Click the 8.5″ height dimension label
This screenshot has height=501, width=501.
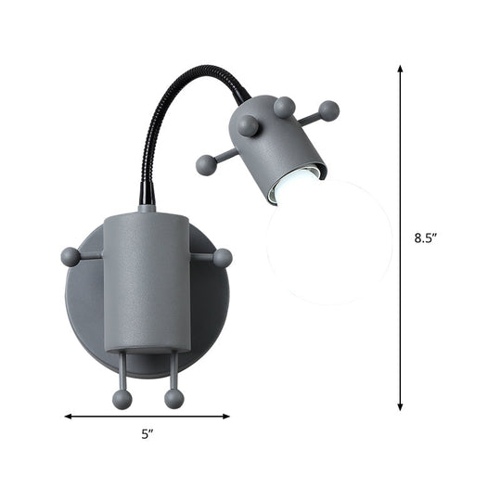click(426, 238)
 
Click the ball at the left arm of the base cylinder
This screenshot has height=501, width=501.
click(71, 257)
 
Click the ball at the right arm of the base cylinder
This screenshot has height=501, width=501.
click(223, 258)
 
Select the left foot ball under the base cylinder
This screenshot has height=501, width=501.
click(122, 398)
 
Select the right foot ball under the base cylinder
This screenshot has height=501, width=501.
click(173, 398)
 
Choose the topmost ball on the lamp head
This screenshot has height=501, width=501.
click(285, 106)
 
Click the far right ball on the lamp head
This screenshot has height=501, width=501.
click(328, 111)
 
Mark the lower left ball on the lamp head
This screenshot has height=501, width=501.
click(206, 165)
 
